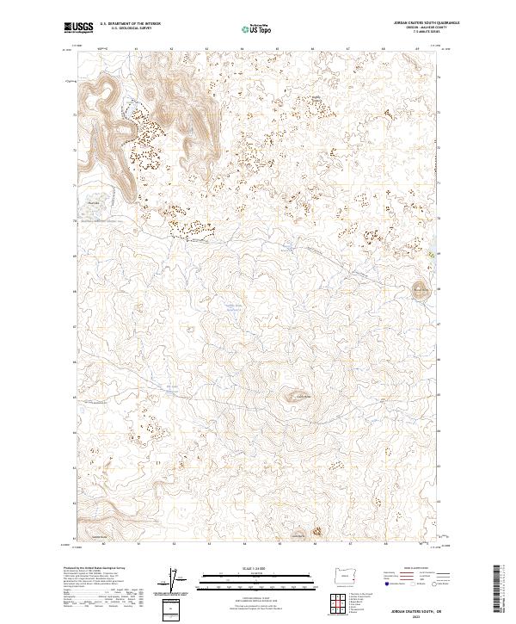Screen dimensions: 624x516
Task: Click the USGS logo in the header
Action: click(77, 28)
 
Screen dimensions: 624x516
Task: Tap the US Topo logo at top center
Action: click(257, 28)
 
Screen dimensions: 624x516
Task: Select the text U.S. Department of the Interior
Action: click(130, 24)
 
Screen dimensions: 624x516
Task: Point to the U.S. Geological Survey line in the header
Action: click(130, 29)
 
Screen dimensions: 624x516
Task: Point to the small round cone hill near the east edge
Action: click(421, 289)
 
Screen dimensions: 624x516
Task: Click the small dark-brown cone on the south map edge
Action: click(316, 533)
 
